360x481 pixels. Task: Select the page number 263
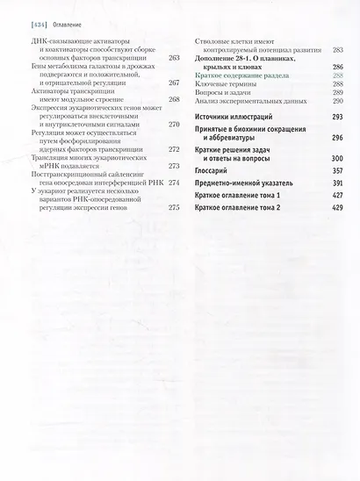[x=172, y=58]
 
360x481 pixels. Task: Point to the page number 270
[x=172, y=125]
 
